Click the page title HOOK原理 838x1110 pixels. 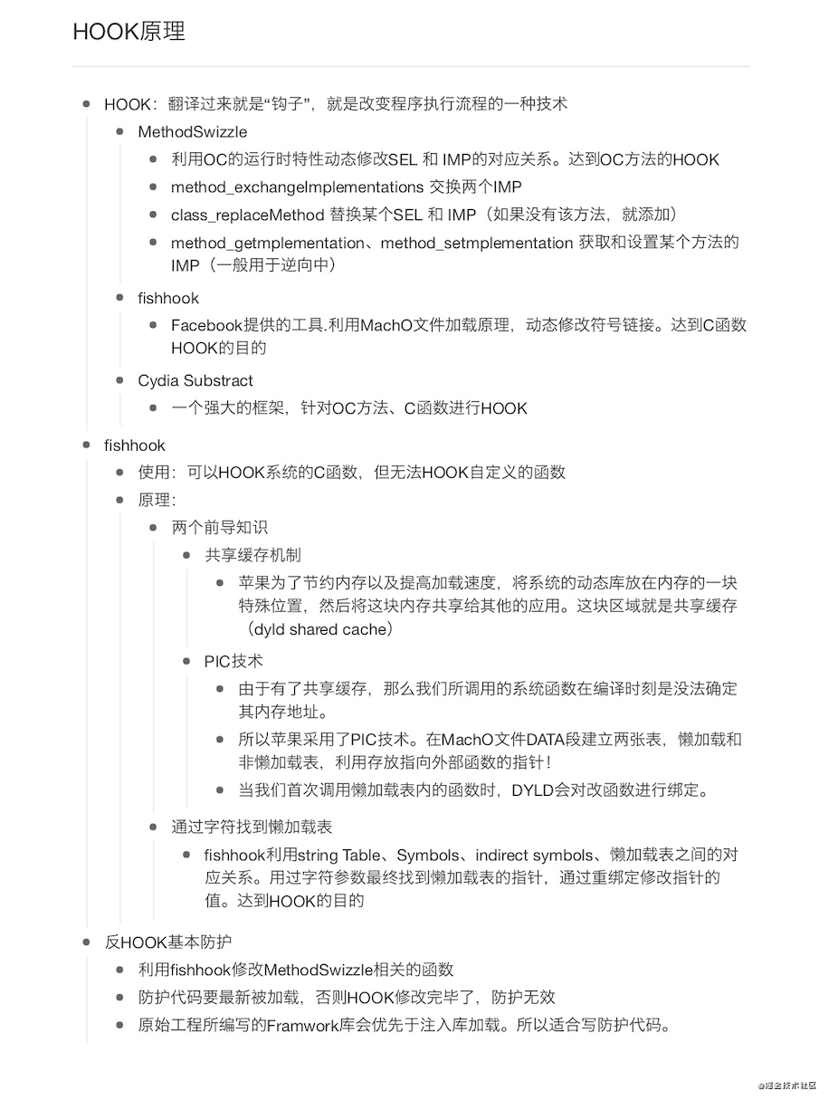pyautogui.click(x=129, y=32)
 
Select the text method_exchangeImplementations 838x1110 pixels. pyautogui.click(x=296, y=187)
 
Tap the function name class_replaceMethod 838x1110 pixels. pyautogui.click(x=247, y=215)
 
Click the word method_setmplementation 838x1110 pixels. pyautogui.click(x=477, y=243)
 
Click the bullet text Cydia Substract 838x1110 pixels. pyautogui.click(x=195, y=381)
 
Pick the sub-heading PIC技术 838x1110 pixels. pyautogui.click(x=233, y=662)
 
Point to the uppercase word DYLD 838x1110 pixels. pyautogui.click(x=537, y=790)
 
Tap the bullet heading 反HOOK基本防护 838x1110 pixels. pyautogui.click(x=167, y=943)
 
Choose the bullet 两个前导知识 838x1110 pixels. pyautogui.click(x=220, y=528)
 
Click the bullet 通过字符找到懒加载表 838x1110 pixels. pyautogui.click(x=252, y=828)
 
